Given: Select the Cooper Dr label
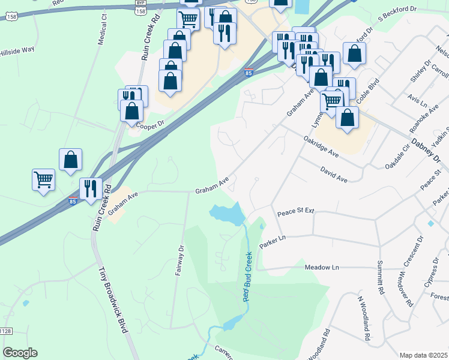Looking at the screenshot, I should pos(151,125).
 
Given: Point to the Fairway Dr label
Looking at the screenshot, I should pos(179,260).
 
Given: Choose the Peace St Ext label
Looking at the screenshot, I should pos(295,212).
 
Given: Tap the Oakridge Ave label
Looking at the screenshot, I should pos(321,146).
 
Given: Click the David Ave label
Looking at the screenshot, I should pos(334,175).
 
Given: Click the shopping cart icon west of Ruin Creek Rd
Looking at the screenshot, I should pos(43,179).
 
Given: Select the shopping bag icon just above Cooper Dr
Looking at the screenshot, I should pos(131,110).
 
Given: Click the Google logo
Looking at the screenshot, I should pos(20,353).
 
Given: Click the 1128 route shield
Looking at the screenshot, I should pos(5,331).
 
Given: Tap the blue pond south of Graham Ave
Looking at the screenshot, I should pos(226,213).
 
